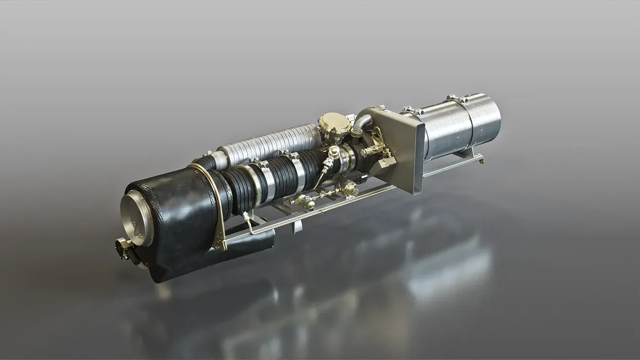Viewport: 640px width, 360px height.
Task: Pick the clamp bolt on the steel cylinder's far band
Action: coord(456,98)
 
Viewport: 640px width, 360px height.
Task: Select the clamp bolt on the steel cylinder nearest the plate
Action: coord(412,110)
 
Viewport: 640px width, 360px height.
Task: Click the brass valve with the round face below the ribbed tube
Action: coord(351,189)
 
